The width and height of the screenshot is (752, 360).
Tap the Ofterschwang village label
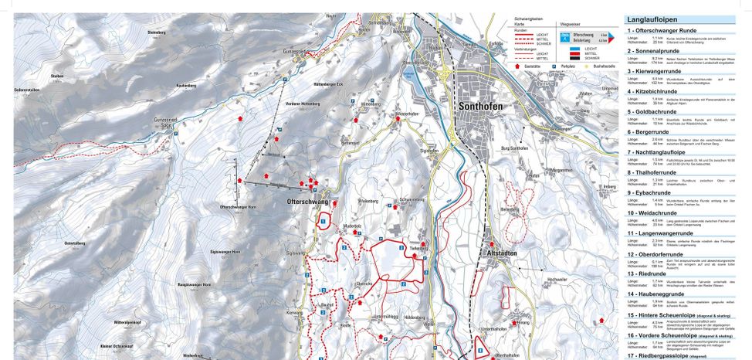[307, 201]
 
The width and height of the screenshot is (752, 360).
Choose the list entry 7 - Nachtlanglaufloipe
[661, 152]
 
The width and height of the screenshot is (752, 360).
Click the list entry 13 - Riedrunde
[647, 273]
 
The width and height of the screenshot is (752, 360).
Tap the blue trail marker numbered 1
[322, 222]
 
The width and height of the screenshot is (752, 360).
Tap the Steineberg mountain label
[157, 32]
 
